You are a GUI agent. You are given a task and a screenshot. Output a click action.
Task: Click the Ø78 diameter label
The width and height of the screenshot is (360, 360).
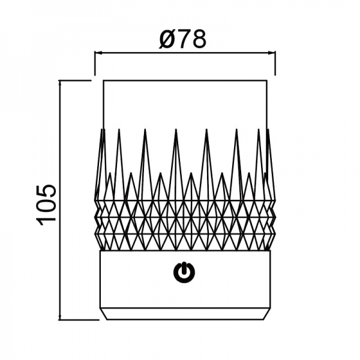[182, 39]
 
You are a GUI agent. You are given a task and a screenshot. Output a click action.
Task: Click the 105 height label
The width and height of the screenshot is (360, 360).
[46, 205]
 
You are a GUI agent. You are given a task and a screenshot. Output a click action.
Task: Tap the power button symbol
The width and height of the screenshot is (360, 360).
[184, 272]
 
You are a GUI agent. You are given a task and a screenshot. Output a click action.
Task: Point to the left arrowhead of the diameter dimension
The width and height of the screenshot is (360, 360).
[98, 53]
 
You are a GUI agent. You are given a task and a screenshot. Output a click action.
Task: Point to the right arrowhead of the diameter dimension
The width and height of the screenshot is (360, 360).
[272, 53]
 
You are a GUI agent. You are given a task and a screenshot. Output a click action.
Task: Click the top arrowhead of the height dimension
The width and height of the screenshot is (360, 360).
[60, 84]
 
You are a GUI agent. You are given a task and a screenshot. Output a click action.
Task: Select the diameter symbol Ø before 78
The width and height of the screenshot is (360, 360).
[167, 40]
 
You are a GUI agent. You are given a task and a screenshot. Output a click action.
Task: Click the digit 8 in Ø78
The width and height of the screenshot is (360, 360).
[199, 39]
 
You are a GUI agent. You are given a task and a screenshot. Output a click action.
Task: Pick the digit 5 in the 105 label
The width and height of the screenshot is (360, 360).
[46, 192]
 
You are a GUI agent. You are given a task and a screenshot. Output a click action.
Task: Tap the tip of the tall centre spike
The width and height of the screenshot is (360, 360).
[176, 129]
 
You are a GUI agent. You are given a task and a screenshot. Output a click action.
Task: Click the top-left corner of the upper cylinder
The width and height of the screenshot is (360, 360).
[103, 80]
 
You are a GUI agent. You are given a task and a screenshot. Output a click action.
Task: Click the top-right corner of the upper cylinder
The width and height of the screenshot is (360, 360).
[267, 80]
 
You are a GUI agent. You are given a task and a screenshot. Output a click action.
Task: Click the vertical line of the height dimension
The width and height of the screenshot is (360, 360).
[60, 235]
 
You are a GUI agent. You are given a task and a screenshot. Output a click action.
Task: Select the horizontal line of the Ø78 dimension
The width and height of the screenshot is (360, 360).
[185, 53]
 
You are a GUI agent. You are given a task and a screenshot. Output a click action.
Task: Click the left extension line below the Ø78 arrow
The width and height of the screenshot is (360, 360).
[95, 63]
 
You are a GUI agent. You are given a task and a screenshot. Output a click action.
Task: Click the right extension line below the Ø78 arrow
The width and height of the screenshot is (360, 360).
[275, 63]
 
